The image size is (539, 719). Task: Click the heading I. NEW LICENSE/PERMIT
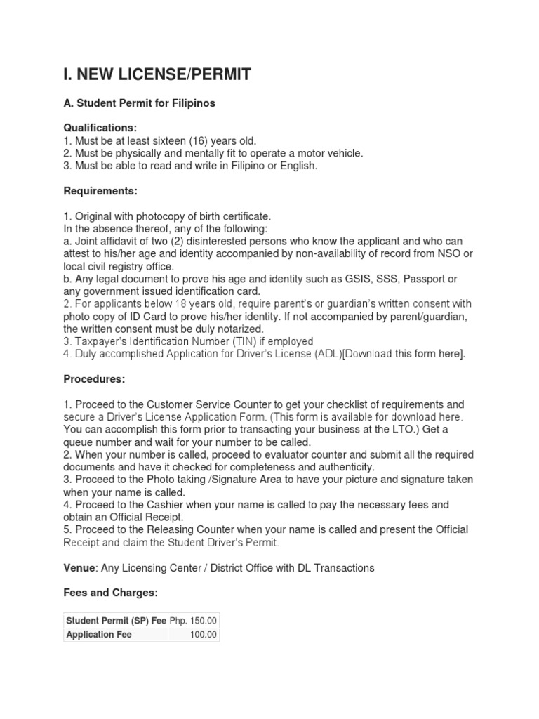(157, 74)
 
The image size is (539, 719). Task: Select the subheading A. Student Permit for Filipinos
(140, 103)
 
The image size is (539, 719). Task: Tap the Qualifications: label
(100, 128)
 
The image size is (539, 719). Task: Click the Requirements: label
(100, 191)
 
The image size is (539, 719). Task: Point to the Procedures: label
(94, 379)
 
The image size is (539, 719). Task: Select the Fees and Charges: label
(111, 593)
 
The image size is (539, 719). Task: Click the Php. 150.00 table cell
(194, 621)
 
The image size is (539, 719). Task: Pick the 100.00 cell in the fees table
(204, 635)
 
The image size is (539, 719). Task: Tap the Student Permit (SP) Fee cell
(116, 621)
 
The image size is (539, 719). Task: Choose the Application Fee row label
(99, 635)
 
